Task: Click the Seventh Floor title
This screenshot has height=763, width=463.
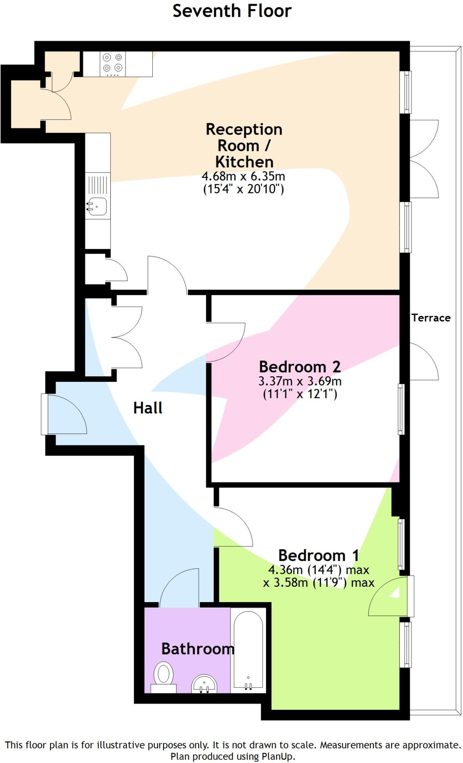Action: pos(232,11)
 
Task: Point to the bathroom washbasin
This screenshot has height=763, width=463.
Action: pos(204,684)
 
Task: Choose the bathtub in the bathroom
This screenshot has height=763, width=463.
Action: pos(248,649)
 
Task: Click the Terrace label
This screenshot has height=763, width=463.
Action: pos(431,318)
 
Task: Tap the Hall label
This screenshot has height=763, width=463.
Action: pos(148,408)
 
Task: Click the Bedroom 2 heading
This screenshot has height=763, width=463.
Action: pos(300,367)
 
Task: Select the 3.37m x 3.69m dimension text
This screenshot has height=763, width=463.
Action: pos(300,381)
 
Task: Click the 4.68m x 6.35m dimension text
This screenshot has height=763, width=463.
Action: pos(243,176)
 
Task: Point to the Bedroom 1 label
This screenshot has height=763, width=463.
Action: pos(318,555)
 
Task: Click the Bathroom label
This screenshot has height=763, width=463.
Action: pos(198,649)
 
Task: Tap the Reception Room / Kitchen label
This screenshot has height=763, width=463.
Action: pos(244,146)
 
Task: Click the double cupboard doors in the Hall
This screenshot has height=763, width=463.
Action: pos(127,337)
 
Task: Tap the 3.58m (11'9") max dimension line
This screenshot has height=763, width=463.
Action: pos(318,583)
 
